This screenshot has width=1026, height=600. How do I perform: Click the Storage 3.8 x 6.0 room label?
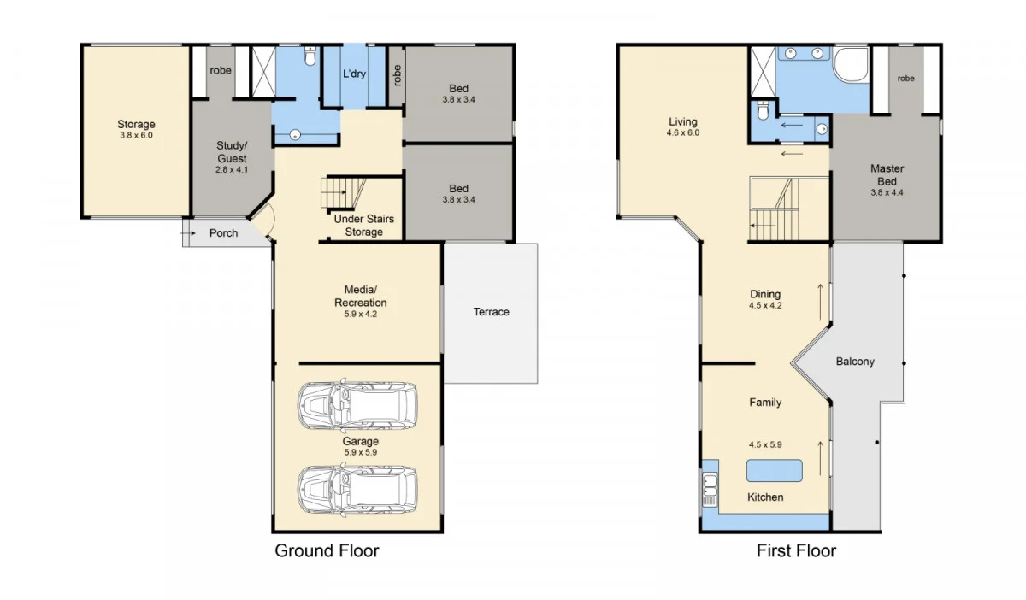137,129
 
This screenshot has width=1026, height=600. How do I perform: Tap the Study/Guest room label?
231,158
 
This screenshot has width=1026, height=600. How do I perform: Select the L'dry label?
354,74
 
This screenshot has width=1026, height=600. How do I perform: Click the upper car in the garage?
357,403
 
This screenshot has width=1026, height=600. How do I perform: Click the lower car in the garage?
357,488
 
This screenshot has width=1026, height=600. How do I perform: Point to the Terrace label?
491,312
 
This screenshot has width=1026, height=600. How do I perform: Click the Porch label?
224,233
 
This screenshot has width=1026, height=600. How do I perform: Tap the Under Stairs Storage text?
363,226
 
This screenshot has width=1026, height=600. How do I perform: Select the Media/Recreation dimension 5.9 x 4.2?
360,314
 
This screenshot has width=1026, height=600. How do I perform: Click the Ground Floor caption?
327,550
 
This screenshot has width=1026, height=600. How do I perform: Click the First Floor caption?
796,550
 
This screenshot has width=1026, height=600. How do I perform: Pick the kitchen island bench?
775,471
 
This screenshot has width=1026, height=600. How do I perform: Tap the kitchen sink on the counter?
710,489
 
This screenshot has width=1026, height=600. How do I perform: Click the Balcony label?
855,362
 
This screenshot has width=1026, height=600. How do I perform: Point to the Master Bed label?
887,175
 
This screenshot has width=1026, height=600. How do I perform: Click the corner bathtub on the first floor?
850,65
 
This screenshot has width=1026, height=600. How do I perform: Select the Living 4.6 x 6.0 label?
683,127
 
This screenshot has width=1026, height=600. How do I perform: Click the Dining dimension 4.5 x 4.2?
764,305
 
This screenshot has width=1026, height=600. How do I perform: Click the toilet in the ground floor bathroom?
310,56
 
